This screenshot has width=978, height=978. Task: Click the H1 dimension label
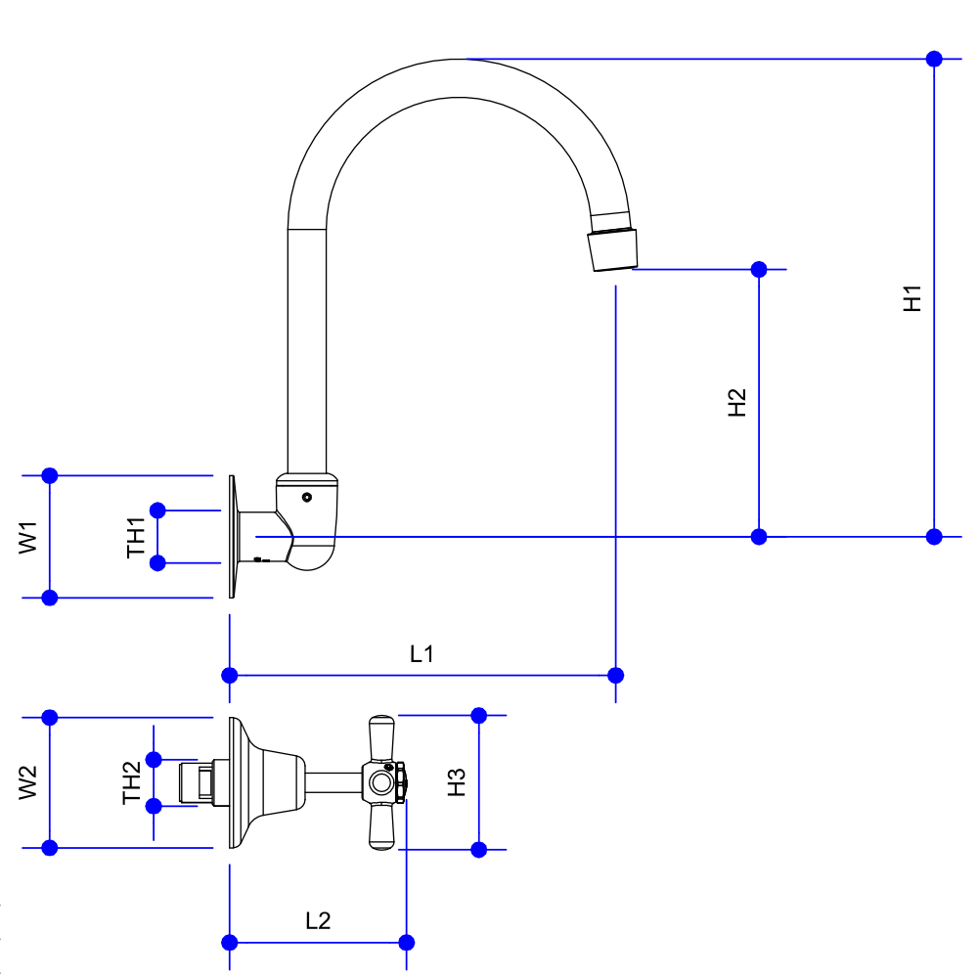pos(912,298)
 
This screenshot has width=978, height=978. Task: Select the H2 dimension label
pos(737,402)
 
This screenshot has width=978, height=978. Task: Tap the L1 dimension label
pos(422,653)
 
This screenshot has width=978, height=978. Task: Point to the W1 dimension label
pos(28,537)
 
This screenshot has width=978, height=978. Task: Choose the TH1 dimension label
pos(136,537)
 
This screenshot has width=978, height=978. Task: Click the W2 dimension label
pos(28,782)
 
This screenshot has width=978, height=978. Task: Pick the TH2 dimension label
pos(132,782)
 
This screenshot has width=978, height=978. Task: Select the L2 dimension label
pos(318,920)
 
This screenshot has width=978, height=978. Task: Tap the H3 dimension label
pos(457,782)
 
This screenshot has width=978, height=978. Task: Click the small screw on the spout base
pos(307,497)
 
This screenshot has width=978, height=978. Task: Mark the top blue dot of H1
pos(934,59)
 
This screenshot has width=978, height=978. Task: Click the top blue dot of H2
pos(759,268)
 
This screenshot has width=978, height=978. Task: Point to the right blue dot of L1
pos(615,675)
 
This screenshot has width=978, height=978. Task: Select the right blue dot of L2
pos(407,943)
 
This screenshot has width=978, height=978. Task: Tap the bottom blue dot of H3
pos(479,849)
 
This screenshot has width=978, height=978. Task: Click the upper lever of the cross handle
pos(380,738)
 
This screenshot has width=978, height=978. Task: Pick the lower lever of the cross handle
pos(380,826)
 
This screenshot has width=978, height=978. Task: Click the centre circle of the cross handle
pos(380,782)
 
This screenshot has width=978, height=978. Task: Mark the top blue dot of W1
pos(51,475)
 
